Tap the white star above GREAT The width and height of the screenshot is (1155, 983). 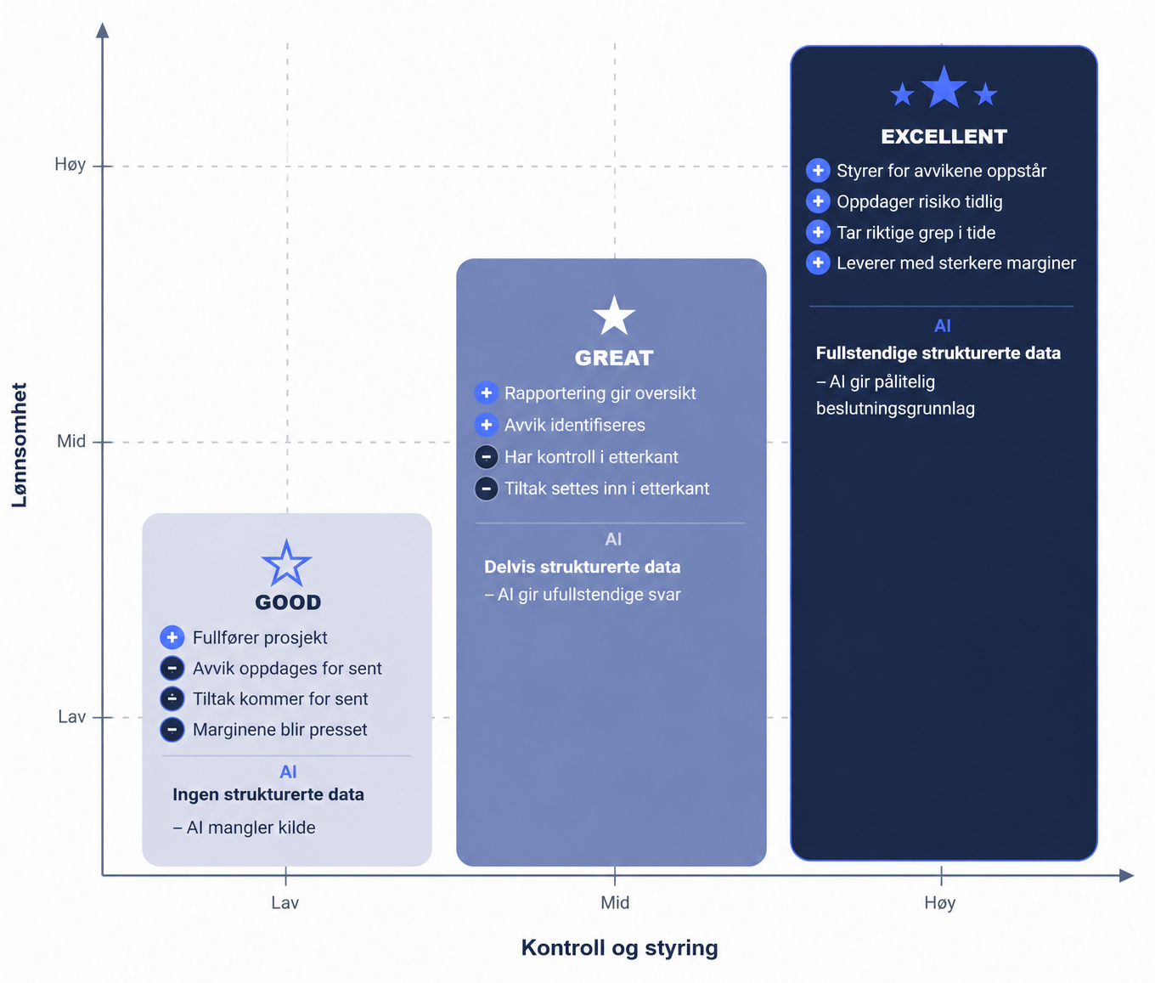click(614, 315)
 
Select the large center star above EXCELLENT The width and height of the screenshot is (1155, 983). click(944, 87)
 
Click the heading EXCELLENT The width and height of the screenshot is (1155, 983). click(944, 137)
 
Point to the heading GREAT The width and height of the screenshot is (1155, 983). click(614, 358)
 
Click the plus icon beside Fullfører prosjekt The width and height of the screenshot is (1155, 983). click(172, 637)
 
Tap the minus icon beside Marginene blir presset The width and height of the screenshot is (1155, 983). click(172, 729)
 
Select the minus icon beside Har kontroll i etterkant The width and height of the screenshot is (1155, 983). click(486, 457)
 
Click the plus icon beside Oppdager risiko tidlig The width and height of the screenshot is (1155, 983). click(818, 201)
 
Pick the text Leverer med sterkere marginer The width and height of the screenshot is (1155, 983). click(956, 263)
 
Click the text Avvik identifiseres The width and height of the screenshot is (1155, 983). click(574, 425)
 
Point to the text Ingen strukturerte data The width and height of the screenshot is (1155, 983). click(268, 794)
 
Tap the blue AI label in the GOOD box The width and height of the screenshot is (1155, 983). click(288, 771)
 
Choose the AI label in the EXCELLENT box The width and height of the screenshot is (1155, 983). click(942, 326)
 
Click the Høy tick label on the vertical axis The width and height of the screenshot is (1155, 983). click(70, 164)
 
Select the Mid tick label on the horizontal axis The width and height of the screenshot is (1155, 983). click(615, 902)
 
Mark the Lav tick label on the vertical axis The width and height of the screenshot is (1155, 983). click(71, 717)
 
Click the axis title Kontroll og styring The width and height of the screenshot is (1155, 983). click(619, 948)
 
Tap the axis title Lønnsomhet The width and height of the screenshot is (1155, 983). click(20, 445)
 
